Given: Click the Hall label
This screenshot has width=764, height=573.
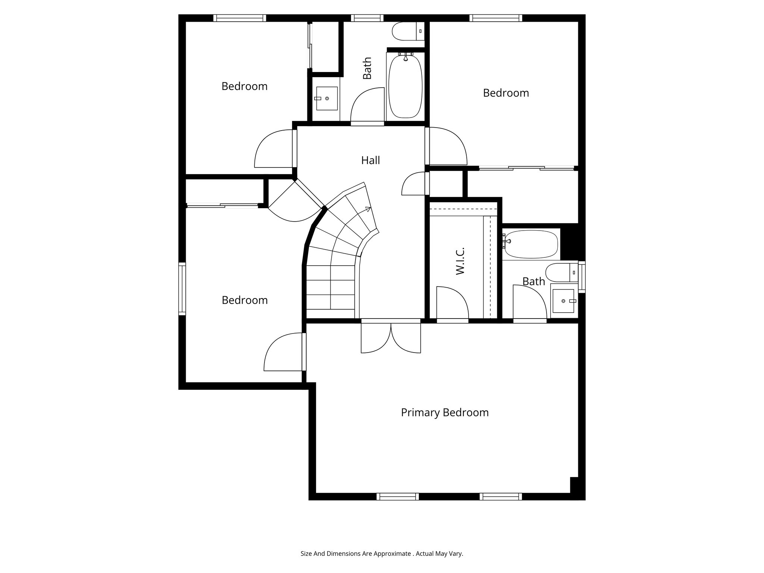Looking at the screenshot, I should tap(370, 160).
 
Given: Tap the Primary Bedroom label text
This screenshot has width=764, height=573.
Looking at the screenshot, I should tap(445, 413).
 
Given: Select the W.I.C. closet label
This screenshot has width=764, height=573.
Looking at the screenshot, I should tap(460, 261).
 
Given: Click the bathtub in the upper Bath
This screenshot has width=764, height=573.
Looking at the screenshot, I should tap(406, 87).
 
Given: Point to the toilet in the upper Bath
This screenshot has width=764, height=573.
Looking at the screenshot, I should tap(407, 31).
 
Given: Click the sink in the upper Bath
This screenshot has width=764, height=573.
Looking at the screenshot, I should tap(327, 98).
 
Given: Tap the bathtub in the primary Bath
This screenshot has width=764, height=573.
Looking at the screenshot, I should tap(531, 244).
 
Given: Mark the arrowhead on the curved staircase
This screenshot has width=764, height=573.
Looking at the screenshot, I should tap(369, 209).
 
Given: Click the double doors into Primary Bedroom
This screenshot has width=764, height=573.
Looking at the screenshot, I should tap(391, 337).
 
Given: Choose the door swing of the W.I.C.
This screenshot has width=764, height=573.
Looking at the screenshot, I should tap(452, 302).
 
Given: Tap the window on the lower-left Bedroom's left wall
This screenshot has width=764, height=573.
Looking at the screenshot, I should tap(182, 289).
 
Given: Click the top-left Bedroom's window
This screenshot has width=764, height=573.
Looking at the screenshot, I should tap(239, 18).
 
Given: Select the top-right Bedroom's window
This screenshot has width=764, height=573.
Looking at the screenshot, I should tap(495, 18).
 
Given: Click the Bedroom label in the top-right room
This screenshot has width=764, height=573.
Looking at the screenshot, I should tap(506, 93).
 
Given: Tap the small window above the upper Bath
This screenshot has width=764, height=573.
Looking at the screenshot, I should tap(367, 18).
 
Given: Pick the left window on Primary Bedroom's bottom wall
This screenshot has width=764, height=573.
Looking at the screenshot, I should tap(397, 497).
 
